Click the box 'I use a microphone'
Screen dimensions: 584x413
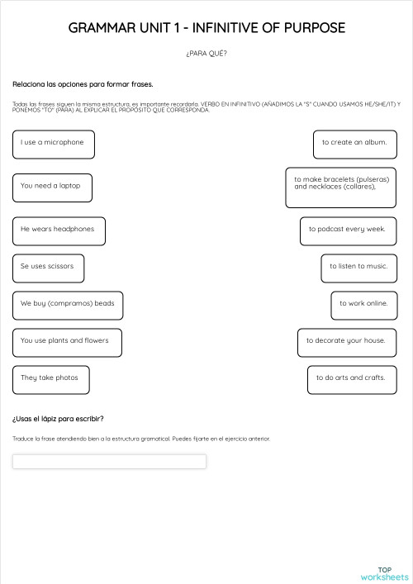click(x=54, y=144)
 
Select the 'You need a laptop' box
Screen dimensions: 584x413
click(x=52, y=187)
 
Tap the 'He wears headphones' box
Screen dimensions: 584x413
click(x=59, y=230)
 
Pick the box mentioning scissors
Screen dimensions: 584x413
click(x=48, y=268)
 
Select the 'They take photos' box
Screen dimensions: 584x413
click(x=50, y=379)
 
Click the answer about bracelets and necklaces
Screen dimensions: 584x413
click(x=341, y=188)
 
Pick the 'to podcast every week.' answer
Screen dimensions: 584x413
click(x=348, y=230)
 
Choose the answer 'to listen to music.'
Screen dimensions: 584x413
click(x=358, y=268)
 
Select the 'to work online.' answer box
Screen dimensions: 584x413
click(x=363, y=305)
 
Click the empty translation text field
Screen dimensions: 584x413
click(x=109, y=462)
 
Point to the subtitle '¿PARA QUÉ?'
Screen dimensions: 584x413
click(x=206, y=55)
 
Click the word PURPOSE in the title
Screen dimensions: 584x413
click(x=310, y=28)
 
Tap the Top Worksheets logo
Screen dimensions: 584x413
click(x=384, y=572)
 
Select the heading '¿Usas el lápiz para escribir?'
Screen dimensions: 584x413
click(x=58, y=419)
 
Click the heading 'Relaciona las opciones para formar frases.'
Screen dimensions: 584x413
click(x=83, y=84)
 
